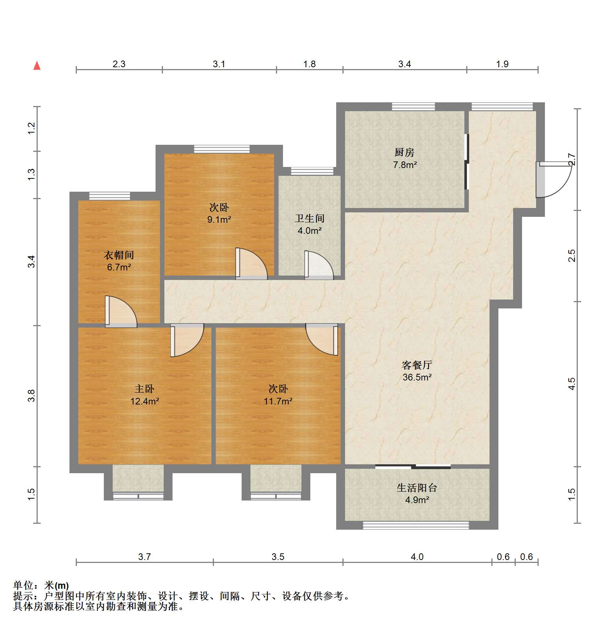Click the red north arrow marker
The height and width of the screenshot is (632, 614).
pos(37,66)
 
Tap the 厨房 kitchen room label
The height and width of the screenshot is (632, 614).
pos(404,152)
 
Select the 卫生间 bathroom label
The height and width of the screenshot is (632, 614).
pos(310,218)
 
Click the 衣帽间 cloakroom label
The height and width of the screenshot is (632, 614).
pos(119,255)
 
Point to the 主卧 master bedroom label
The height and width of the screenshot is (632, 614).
pos(144,389)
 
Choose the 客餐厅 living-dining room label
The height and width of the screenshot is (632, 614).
pos(417,365)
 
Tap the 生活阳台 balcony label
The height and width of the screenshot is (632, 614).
pos(417,488)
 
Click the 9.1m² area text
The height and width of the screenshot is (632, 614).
pos(219,220)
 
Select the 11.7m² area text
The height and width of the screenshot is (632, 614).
pos(278,401)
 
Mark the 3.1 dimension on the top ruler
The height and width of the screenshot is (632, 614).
pos(219,64)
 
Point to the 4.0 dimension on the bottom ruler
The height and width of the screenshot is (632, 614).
pos(417,557)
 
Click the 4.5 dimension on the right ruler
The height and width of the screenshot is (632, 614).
pos(572,384)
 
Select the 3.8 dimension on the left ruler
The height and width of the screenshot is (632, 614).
pos(32,396)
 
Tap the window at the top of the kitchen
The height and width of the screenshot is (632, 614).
pos(413,107)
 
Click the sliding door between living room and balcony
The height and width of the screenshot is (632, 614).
pos(413,467)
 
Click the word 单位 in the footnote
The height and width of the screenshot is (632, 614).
pos(23,585)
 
